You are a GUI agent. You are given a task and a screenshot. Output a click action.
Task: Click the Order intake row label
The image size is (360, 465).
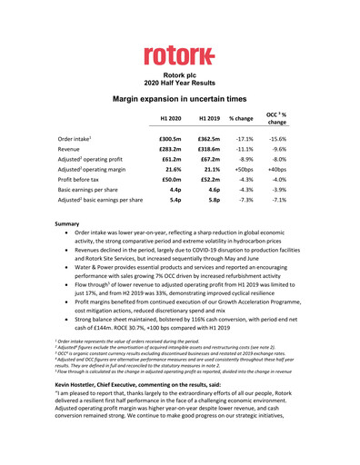point(68,138)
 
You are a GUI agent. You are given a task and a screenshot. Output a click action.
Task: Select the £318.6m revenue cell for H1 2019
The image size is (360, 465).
point(209,152)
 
